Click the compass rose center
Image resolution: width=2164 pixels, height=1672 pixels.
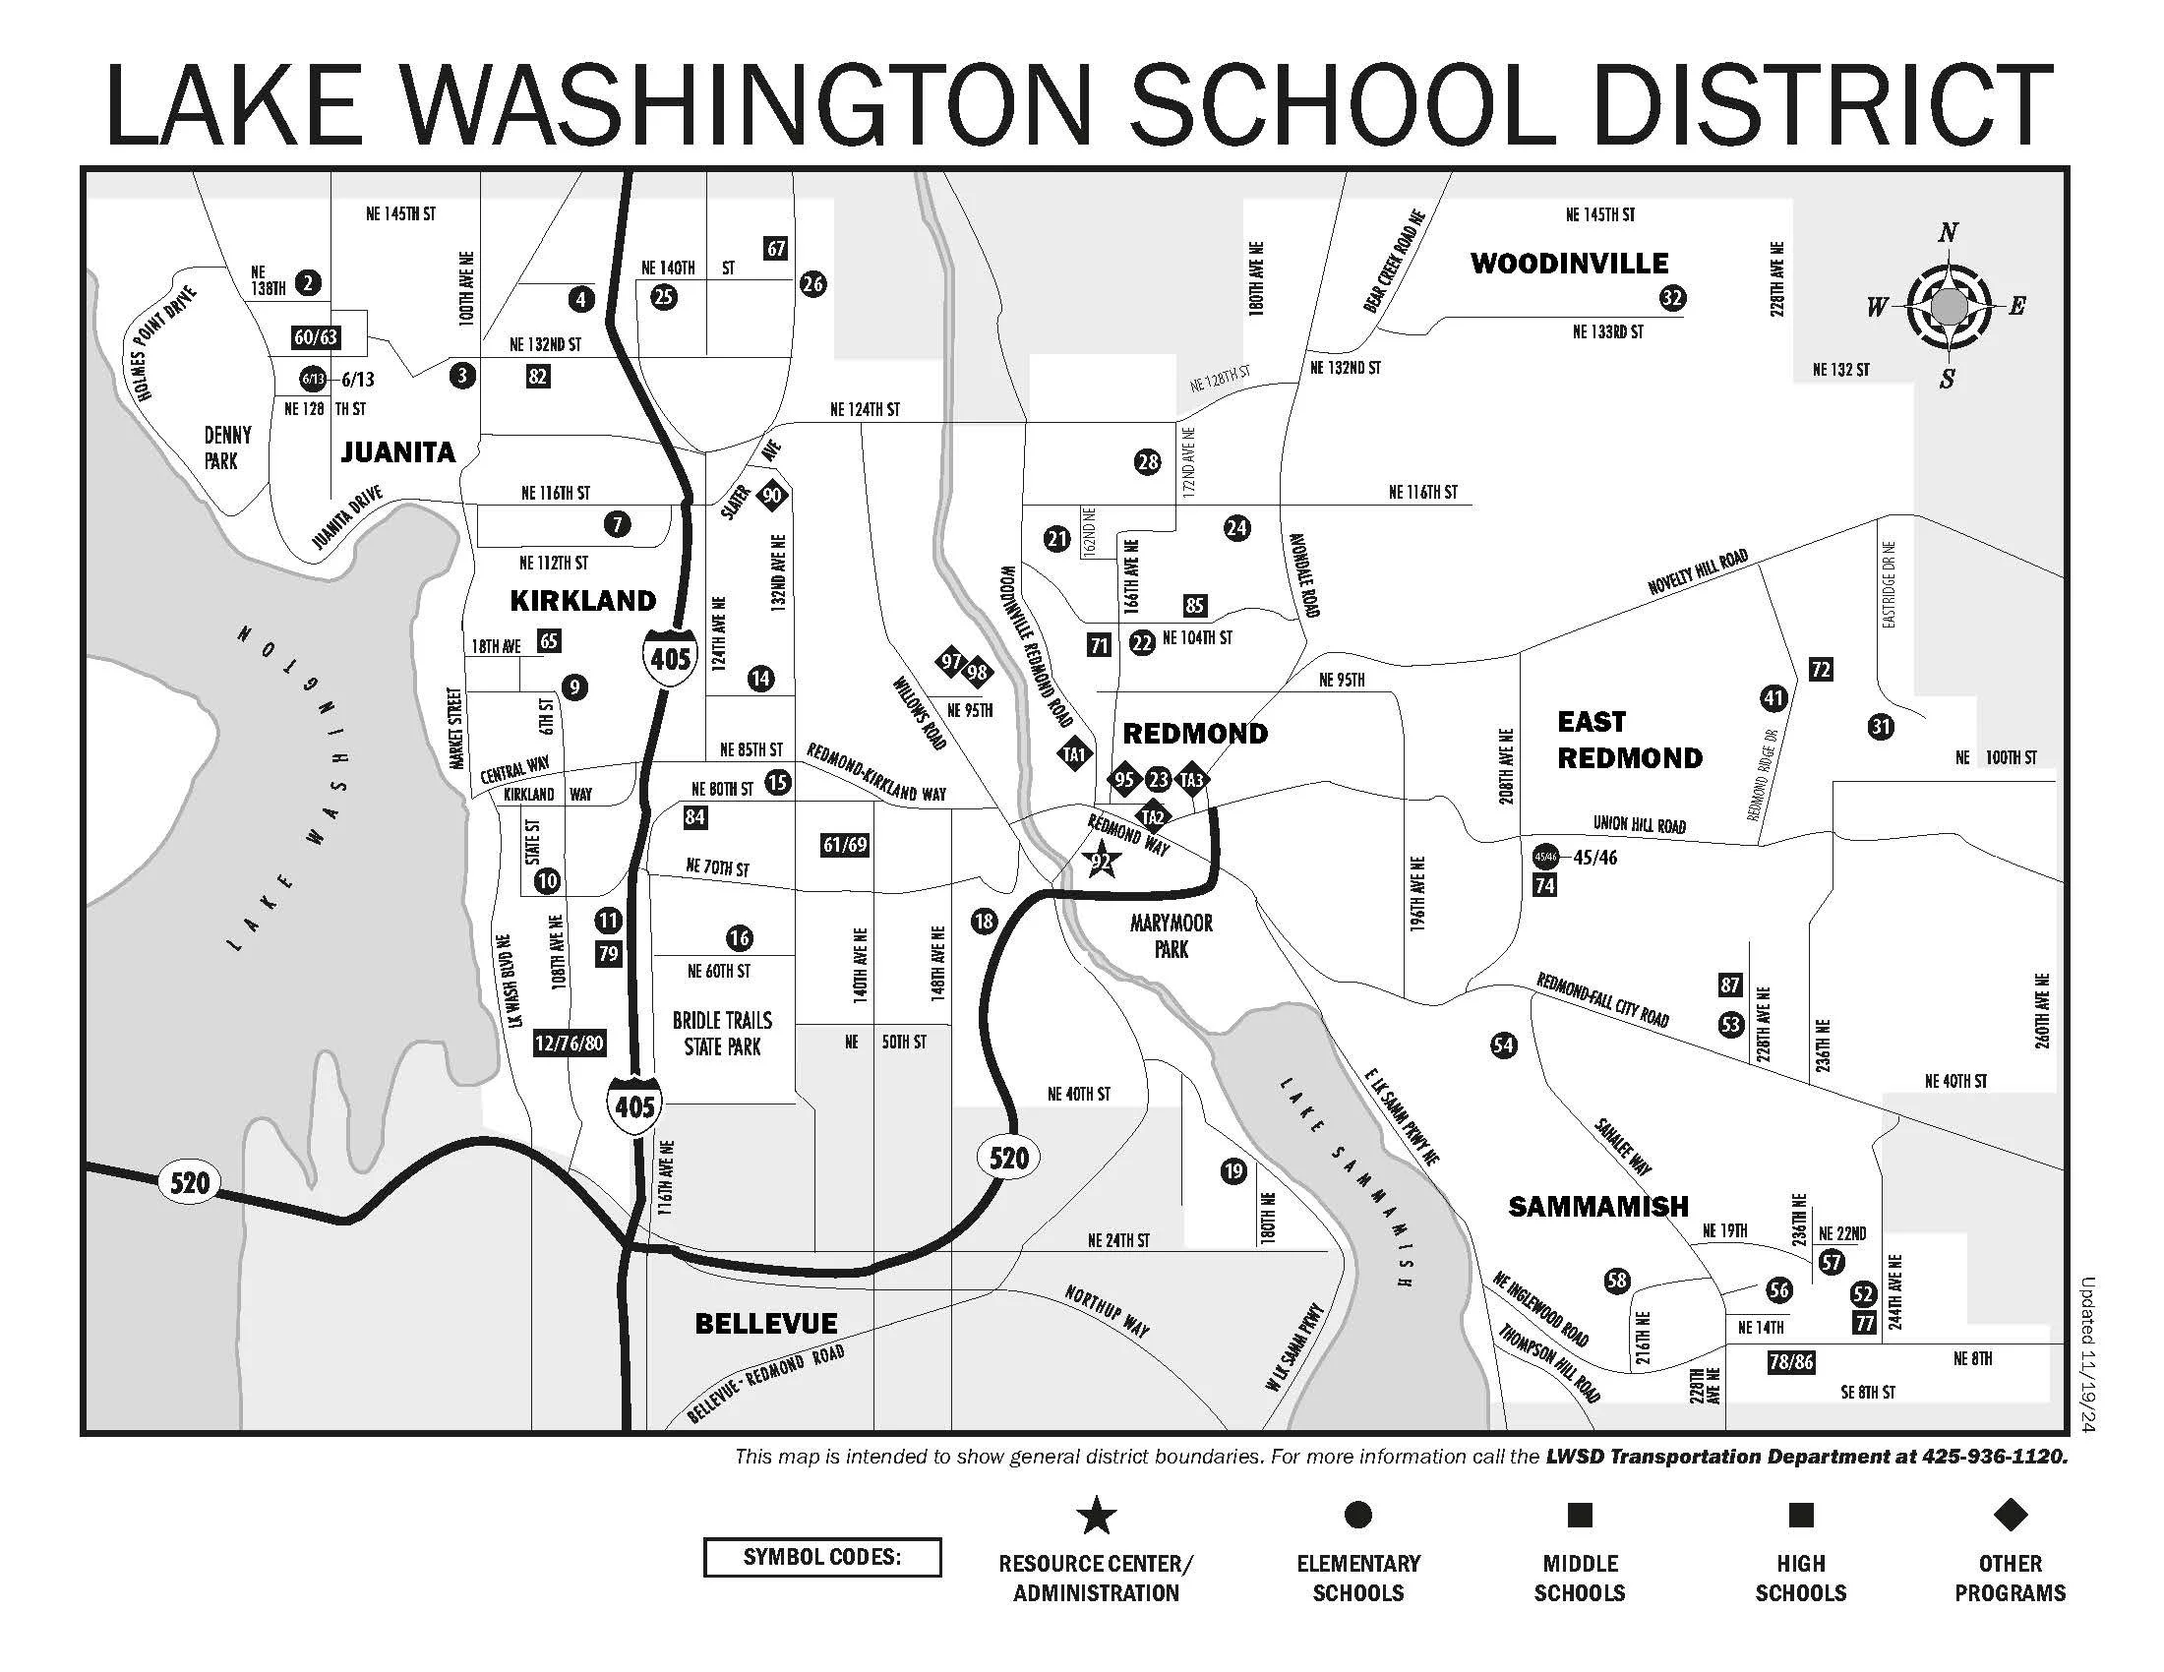(1948, 306)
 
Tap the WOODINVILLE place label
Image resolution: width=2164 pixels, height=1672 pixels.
(1570, 264)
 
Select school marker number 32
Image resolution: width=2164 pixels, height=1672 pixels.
(1672, 298)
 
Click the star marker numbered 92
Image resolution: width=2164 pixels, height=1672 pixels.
(1101, 862)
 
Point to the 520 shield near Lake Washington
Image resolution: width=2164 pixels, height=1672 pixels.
(189, 1182)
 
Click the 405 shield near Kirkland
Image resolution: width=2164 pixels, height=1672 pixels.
(670, 657)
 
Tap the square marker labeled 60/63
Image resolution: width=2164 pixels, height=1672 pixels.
(316, 336)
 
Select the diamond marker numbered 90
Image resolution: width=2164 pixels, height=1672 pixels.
(772, 496)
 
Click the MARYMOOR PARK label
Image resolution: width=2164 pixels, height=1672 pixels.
(1172, 936)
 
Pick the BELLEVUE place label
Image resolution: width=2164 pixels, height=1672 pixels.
(766, 1323)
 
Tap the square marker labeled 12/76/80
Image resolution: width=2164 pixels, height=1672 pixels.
(569, 1043)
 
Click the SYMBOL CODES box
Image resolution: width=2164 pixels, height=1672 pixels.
(821, 1557)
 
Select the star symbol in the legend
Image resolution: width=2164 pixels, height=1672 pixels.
(1096, 1517)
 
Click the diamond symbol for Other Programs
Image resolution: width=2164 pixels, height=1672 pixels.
(2010, 1515)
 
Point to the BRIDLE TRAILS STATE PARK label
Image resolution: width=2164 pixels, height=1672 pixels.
(722, 1033)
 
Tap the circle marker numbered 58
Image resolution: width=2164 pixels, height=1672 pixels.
(1616, 1281)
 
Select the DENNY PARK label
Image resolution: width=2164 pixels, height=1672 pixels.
(227, 448)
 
